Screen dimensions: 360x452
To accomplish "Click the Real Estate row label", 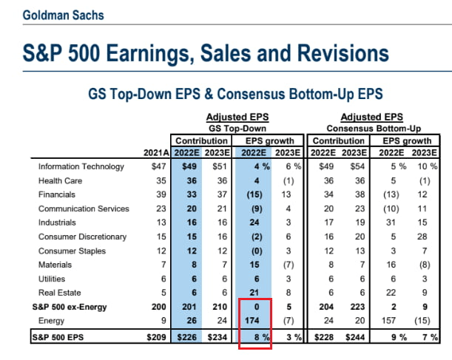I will (55, 293).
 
